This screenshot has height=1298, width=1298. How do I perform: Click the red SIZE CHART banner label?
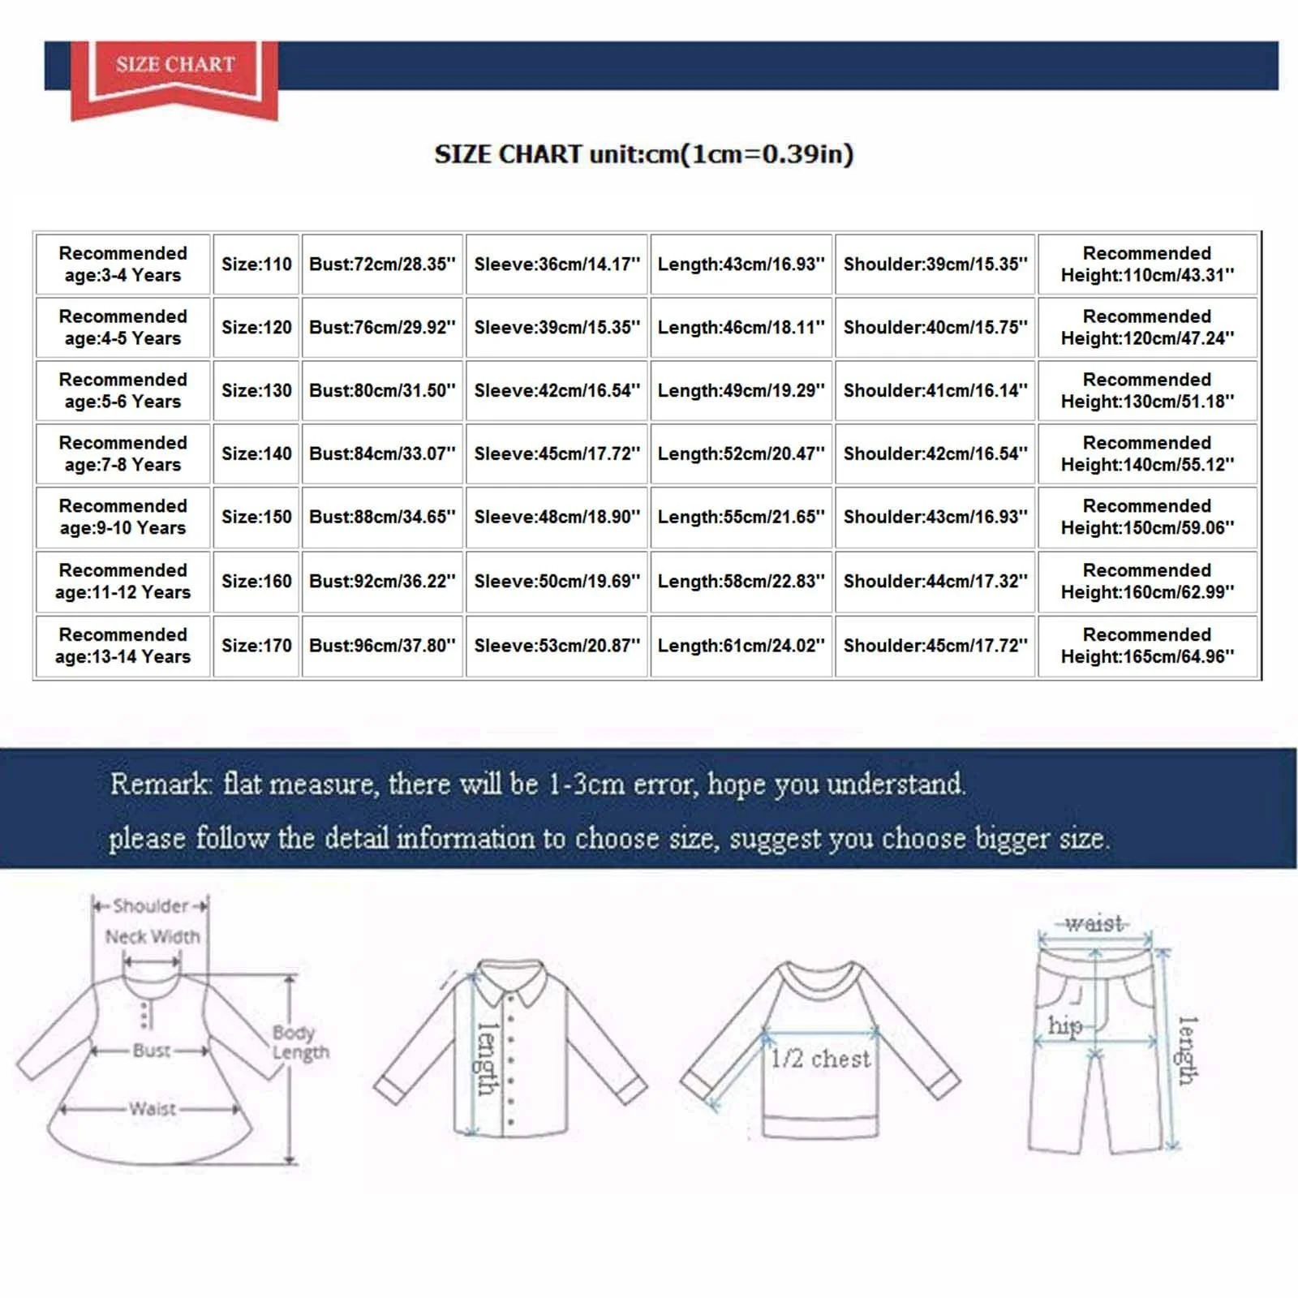pos(175,65)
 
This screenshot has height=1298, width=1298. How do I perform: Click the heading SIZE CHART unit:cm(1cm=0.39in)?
pos(643,154)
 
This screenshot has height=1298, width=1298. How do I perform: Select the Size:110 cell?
pos(256,264)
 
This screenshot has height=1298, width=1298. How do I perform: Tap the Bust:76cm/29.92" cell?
pos(382,328)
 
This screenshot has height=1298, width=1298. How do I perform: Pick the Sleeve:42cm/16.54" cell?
pos(557,391)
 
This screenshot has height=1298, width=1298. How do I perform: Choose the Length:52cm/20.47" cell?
pos(741,454)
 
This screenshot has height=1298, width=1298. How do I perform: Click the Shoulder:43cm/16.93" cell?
pos(935,517)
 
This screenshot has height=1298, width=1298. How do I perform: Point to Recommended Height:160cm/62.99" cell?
pos(1147,581)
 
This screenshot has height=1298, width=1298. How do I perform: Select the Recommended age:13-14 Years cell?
pos(123,646)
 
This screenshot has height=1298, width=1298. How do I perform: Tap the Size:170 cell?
pos(256,646)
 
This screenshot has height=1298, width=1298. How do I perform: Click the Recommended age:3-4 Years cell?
pos(123,264)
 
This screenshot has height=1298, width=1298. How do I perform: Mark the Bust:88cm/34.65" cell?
pos(382,517)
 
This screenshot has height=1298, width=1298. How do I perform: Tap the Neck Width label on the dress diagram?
pos(153,937)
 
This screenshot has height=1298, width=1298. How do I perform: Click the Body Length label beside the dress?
pos(299,1042)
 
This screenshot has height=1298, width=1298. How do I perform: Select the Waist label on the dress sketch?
pos(153,1109)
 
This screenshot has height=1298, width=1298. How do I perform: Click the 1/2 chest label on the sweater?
pos(820,1059)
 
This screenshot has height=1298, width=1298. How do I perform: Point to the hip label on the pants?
pos(1064,1026)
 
